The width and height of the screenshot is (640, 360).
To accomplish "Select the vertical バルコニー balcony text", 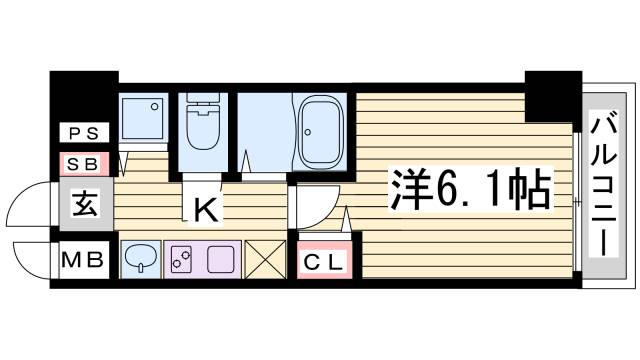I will pyautogui.click(x=603, y=184).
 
